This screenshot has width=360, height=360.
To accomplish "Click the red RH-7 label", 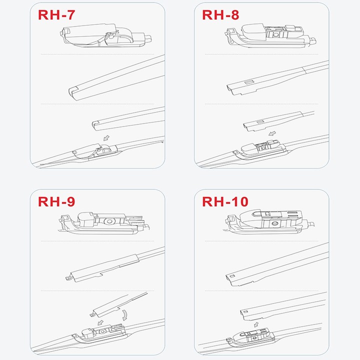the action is point(56,15).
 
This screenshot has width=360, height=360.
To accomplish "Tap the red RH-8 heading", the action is point(220,15).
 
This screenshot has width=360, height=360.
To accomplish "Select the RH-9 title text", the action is point(56,201).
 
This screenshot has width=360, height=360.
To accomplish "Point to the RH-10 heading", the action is point(225,201).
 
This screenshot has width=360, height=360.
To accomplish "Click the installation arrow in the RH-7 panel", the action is point(106,138).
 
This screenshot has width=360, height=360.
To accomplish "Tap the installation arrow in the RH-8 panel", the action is point(272,133).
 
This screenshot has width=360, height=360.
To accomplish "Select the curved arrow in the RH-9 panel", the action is point(124,315).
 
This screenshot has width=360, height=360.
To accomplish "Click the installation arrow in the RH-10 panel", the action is point(256,324).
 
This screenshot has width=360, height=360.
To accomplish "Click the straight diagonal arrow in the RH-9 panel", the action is point(100,323).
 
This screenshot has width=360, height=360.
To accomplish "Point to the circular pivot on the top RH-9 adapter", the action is point(109,221).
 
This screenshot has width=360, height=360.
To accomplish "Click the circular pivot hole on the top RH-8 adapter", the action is point(275,35).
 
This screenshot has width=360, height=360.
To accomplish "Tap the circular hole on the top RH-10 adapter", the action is point(274,223).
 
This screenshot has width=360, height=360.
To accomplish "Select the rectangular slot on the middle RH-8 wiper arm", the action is point(249,82).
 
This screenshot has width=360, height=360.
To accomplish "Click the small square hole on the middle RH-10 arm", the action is point(231,276).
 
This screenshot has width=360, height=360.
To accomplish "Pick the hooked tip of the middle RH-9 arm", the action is point(68,278).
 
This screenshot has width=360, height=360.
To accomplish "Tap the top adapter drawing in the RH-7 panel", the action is point(105,35).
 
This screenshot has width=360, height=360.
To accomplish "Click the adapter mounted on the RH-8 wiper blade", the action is point(259,148).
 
